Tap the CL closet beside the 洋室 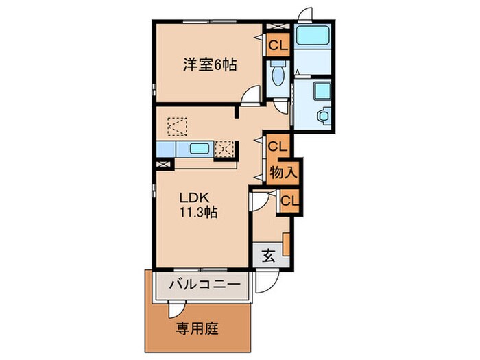[x=278, y=47]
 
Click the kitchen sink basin [x=200, y=149]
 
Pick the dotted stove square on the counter [x=225, y=149]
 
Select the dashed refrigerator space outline [x=178, y=126]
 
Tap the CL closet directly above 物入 [x=278, y=146]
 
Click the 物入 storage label [x=283, y=172]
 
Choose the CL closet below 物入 [x=289, y=201]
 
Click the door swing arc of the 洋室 [x=253, y=95]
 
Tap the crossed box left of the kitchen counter [x=163, y=164]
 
